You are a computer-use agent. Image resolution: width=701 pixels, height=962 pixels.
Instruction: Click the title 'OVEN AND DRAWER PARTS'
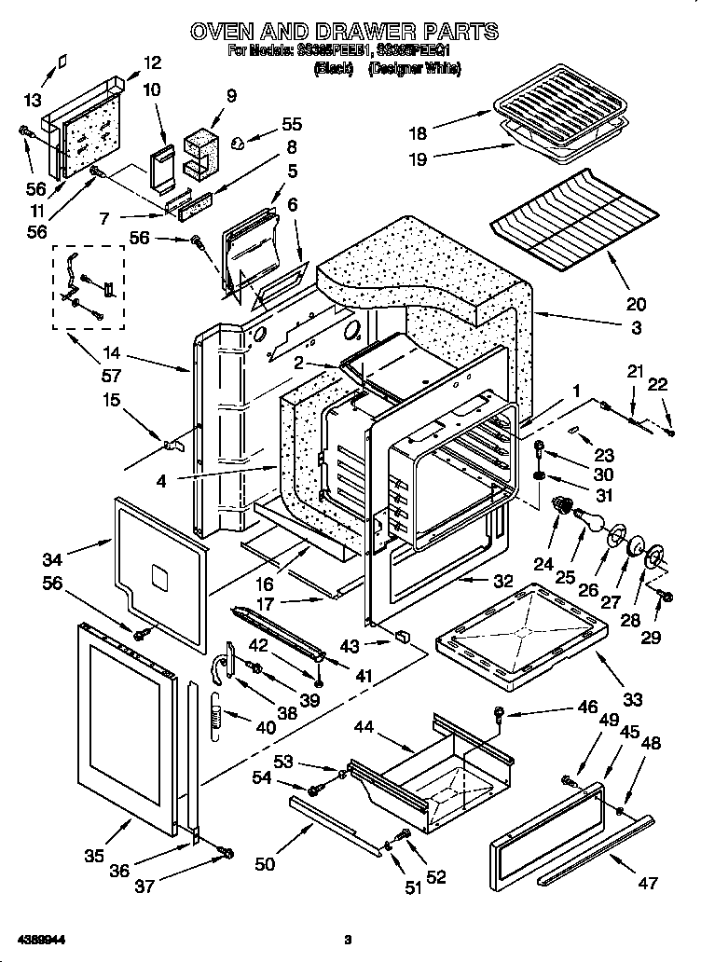[344, 33]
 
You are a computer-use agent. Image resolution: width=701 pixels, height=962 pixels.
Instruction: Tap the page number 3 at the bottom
[347, 940]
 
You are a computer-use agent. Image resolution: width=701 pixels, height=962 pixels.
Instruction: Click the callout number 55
[292, 123]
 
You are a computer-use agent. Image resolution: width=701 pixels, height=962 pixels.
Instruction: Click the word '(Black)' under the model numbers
[333, 69]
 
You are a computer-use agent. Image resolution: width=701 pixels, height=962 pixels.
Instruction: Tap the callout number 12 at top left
[151, 63]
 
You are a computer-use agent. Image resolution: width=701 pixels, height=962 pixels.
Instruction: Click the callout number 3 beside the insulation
[636, 328]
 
